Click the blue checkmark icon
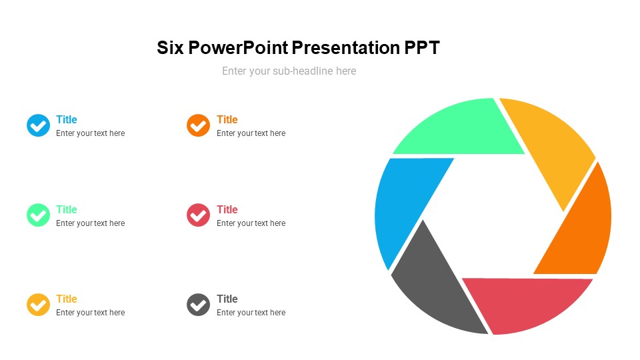point(38,125)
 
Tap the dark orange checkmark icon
point(198,125)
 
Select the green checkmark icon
point(38,215)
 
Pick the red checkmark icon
point(198,215)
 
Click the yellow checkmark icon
point(38,305)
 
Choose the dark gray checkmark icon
point(198,305)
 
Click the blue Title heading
point(67,120)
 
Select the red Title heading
point(227,209)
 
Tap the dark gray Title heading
point(227,299)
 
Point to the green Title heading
point(67,209)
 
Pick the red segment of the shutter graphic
point(527,303)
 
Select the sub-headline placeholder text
point(289,71)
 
